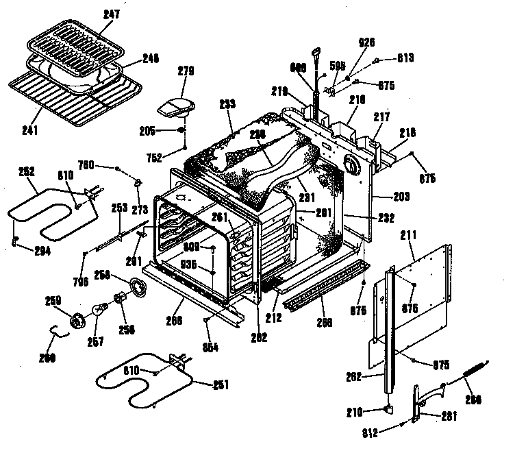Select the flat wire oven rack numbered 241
[x=75, y=99]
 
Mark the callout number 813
[x=406, y=58]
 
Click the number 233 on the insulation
[x=227, y=104]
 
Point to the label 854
[x=212, y=347]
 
